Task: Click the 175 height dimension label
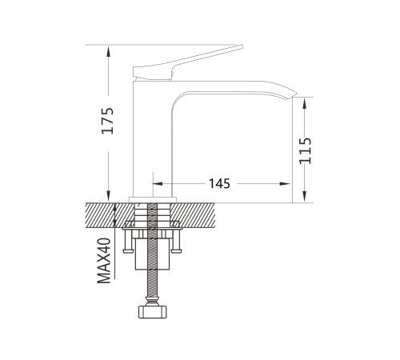click(108, 121)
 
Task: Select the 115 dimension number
click(306, 150)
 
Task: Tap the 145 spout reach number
click(219, 183)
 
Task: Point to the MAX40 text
click(104, 260)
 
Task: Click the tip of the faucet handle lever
click(242, 46)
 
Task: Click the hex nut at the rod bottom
click(152, 312)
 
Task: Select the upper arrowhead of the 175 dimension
click(108, 51)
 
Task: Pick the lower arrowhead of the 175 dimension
click(108, 196)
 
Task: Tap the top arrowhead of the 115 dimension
click(305, 103)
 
